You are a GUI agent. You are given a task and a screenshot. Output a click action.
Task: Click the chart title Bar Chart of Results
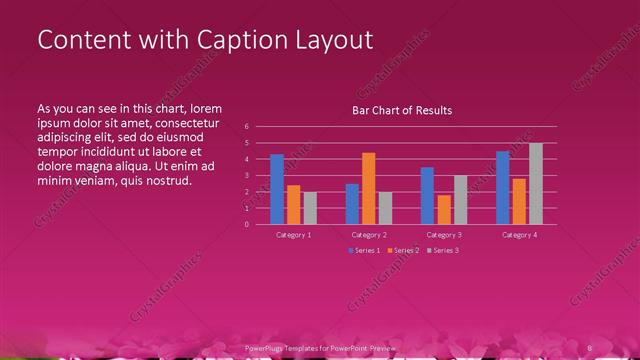402,110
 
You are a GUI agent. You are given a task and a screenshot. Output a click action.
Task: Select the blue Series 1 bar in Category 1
277,189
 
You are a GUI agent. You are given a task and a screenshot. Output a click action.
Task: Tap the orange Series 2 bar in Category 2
369,188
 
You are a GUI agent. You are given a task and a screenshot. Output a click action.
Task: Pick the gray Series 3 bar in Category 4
536,183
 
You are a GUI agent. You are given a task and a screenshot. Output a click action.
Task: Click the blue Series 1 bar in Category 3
427,196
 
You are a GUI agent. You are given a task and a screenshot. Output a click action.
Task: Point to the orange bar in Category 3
444,209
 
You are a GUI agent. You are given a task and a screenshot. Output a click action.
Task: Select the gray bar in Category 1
310,208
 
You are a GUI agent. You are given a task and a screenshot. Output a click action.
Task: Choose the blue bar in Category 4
503,187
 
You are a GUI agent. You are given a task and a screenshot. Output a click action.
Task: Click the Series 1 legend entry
365,250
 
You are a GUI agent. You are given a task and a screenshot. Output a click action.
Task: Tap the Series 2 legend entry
404,250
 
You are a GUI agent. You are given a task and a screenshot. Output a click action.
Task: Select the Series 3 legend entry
443,250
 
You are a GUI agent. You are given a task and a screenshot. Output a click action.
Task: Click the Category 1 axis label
294,234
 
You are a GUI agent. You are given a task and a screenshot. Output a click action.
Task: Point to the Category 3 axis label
444,234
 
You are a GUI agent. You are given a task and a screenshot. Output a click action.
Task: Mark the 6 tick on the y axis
260,127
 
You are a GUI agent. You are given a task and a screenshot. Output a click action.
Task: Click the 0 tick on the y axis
260,224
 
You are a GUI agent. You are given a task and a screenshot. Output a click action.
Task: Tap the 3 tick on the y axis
260,175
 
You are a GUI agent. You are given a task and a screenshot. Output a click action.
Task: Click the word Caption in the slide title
221,40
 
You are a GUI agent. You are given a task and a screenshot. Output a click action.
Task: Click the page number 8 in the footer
590,347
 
